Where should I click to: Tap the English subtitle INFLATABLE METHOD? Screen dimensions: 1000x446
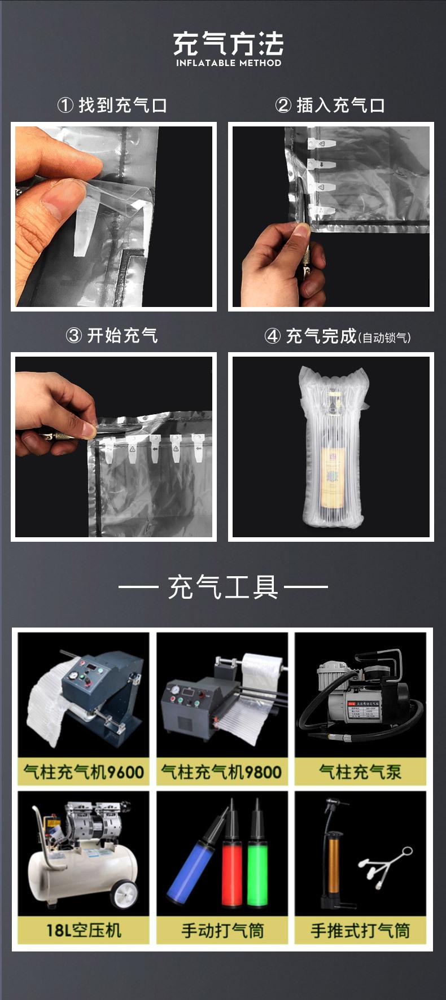pyautogui.click(x=228, y=63)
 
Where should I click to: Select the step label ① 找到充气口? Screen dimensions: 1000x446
pyautogui.click(x=112, y=105)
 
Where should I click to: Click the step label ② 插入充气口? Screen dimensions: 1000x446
pyautogui.click(x=330, y=105)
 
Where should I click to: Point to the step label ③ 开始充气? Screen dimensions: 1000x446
pyautogui.click(x=112, y=335)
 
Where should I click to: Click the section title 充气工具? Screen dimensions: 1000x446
pyautogui.click(x=223, y=587)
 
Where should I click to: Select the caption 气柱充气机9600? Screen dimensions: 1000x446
pyautogui.click(x=84, y=771)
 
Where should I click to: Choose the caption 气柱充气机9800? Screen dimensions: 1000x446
pyautogui.click(x=222, y=771)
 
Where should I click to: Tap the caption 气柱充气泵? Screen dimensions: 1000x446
pyautogui.click(x=360, y=771)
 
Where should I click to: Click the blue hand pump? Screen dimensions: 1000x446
pyautogui.click(x=191, y=872)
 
